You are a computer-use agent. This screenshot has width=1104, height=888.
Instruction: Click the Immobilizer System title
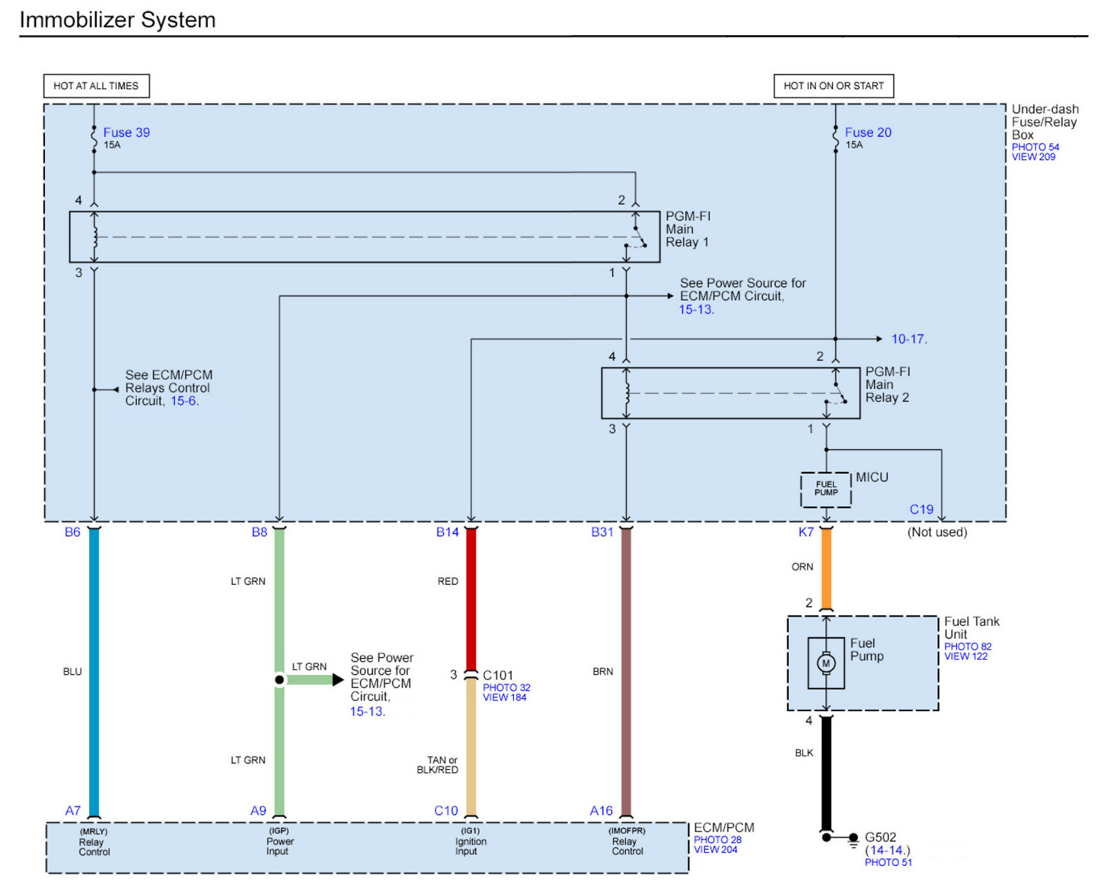(x=117, y=20)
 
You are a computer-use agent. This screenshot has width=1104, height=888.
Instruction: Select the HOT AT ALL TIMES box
(x=96, y=86)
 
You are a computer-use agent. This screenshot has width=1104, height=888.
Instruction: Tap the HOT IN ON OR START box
(x=833, y=86)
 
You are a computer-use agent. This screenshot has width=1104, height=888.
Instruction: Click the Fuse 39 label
(x=126, y=133)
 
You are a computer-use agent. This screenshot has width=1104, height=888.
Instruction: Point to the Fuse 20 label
(x=868, y=133)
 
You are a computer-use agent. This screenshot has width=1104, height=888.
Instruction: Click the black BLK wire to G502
(x=826, y=773)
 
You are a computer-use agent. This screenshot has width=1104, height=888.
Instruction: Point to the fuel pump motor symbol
(x=826, y=664)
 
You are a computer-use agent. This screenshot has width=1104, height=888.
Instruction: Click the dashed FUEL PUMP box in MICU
(x=826, y=490)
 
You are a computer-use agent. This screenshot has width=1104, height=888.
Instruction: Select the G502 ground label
(x=880, y=838)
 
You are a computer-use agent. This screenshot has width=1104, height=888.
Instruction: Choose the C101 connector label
(x=497, y=675)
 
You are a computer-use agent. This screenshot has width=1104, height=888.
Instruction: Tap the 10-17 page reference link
(x=908, y=339)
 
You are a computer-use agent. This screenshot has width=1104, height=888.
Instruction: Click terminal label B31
(x=602, y=532)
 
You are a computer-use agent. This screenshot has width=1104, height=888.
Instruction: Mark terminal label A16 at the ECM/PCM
(x=601, y=811)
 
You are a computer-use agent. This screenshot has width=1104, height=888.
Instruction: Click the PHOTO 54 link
(x=1035, y=147)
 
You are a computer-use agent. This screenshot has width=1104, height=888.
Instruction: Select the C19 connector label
(x=921, y=510)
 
